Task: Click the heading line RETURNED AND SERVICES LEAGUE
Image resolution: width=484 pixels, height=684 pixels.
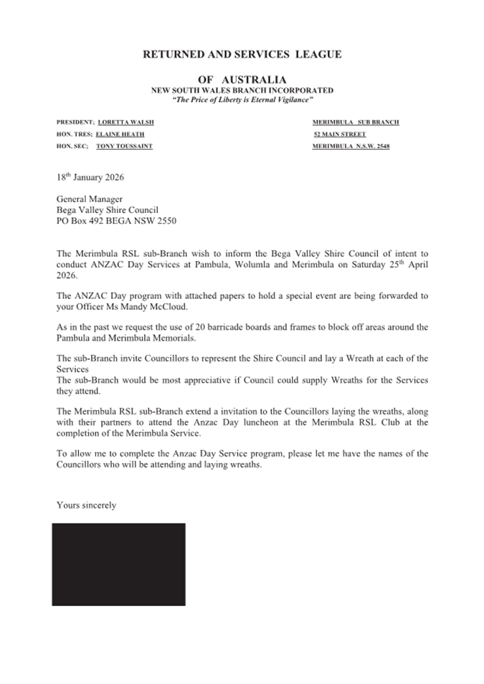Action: pos(242,54)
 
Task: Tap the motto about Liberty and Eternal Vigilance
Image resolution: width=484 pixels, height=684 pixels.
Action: pos(242,100)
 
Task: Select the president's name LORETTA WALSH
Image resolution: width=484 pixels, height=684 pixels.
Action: pos(125,123)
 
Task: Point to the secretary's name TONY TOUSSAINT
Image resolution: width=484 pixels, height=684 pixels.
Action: pos(124,146)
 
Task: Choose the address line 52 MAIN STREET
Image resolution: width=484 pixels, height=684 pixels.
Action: pos(341,135)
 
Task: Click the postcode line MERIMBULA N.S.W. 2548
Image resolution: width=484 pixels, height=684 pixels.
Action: pos(351,146)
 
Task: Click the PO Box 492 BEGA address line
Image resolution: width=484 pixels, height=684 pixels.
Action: pos(115,222)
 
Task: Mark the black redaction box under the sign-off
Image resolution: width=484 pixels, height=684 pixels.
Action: pos(118,564)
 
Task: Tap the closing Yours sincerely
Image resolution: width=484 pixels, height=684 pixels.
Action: pos(86,505)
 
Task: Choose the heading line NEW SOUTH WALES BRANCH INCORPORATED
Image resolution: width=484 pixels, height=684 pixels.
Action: pos(242,90)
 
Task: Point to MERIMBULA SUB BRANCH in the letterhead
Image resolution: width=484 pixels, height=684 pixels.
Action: pos(356,123)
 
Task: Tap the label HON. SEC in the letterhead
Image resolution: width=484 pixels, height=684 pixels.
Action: pos(71,146)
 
